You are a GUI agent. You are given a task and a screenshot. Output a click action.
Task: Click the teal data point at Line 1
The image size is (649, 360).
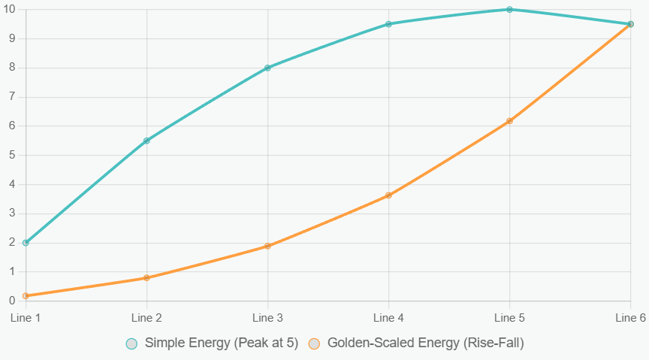click(x=26, y=243)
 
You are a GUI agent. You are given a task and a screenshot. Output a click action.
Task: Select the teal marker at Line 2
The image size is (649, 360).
click(x=146, y=141)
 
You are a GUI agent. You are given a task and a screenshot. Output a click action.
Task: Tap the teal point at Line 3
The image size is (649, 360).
click(x=268, y=68)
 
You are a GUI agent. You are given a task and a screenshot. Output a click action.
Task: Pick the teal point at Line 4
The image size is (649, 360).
click(x=388, y=24)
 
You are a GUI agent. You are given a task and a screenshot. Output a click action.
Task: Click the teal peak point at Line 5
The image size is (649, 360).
click(x=509, y=10)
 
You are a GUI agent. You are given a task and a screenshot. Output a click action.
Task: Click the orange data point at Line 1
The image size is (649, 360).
click(x=26, y=296)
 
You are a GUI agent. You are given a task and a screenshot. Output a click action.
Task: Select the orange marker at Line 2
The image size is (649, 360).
click(x=146, y=277)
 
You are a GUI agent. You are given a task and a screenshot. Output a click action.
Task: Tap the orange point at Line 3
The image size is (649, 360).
click(x=268, y=246)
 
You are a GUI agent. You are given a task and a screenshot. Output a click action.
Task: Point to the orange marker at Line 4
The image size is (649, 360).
click(x=388, y=195)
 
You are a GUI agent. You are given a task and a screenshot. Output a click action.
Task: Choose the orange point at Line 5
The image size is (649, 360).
click(x=509, y=121)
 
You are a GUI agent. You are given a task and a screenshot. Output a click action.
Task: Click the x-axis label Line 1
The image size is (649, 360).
click(x=26, y=318)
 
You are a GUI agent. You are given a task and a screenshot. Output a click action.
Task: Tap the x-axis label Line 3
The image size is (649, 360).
click(x=268, y=318)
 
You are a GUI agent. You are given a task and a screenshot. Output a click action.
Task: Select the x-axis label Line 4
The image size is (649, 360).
click(x=388, y=318)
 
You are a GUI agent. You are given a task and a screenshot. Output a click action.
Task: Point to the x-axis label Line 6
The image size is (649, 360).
click(x=630, y=318)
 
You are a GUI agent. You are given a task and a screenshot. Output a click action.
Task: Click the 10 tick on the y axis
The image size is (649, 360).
click(x=9, y=9)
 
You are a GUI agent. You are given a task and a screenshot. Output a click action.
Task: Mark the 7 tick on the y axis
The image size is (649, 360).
click(x=12, y=97)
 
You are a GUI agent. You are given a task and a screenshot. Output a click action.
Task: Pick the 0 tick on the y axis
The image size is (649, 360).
click(x=12, y=301)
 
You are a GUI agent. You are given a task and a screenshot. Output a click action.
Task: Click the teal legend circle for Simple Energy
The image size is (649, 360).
click(x=131, y=344)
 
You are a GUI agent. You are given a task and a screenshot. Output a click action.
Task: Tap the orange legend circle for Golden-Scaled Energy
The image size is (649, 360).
click(x=314, y=344)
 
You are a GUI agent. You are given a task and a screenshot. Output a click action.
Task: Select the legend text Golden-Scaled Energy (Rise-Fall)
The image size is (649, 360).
click(x=426, y=343)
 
